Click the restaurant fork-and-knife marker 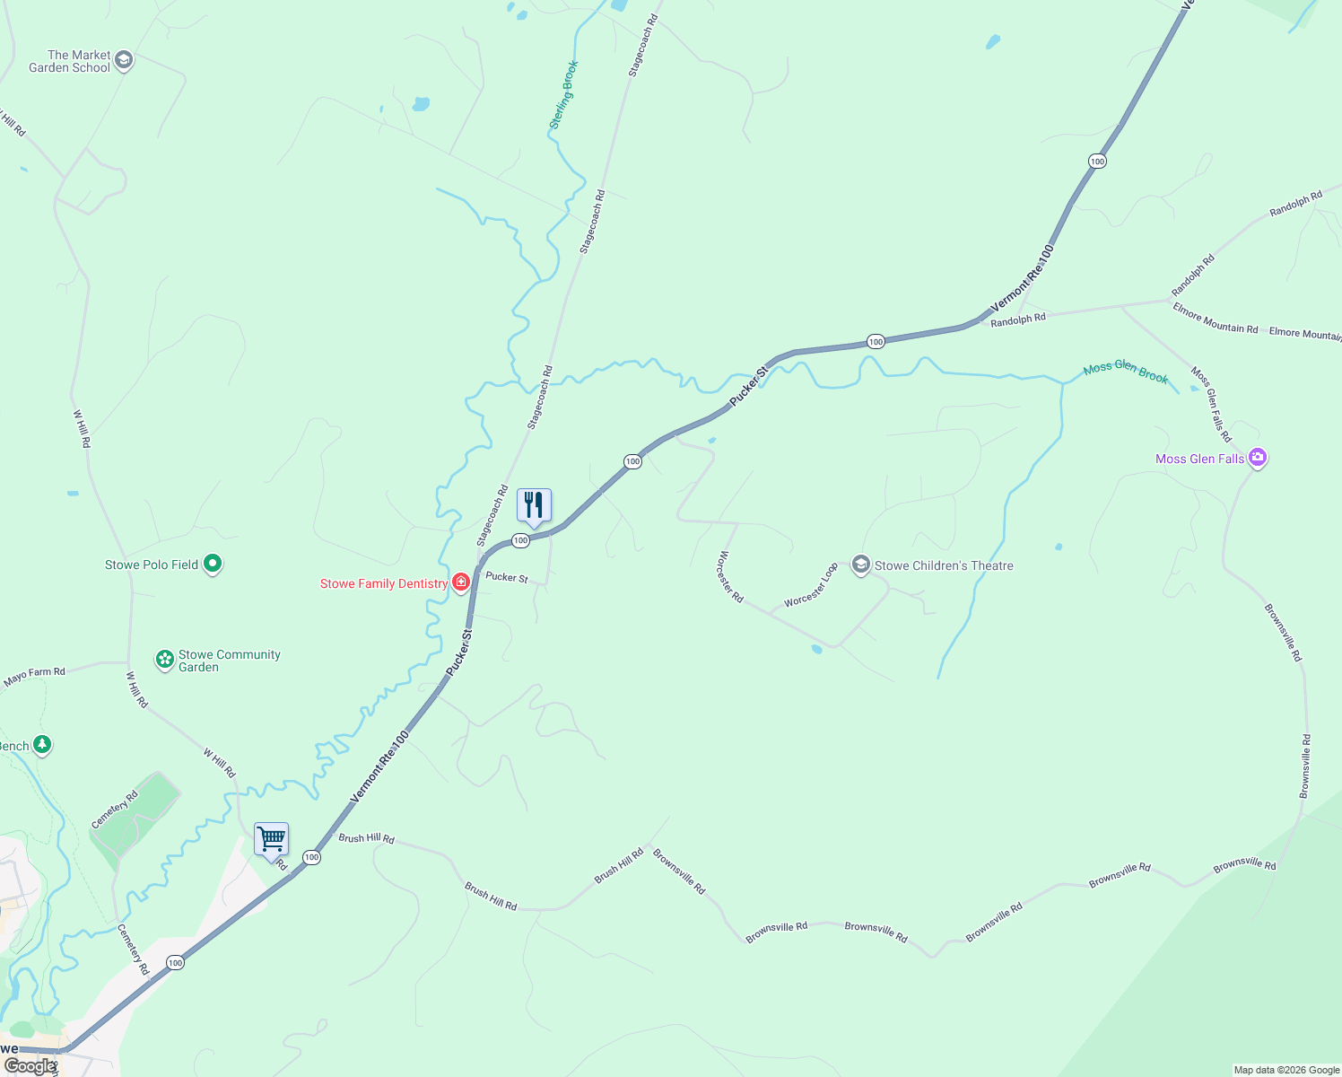pos(534,506)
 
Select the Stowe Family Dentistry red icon pos(461,583)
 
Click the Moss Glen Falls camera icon pos(1258,459)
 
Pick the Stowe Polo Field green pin pos(213,564)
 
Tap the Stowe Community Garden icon pos(164,660)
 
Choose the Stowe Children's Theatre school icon pos(861,565)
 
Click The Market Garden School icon pos(124,61)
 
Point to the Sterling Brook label pos(563,95)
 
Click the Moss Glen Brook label pos(1126,372)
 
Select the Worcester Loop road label pos(811,585)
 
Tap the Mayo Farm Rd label pos(34,677)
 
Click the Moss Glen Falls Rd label pos(1211,404)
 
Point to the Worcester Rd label pos(730,577)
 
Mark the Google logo pos(30,1066)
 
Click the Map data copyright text pos(1286,1070)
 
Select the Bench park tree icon pos(41,745)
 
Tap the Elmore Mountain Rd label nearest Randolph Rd pos(1216,319)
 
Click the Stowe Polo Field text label pos(151,565)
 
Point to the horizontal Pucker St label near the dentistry pos(507,577)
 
